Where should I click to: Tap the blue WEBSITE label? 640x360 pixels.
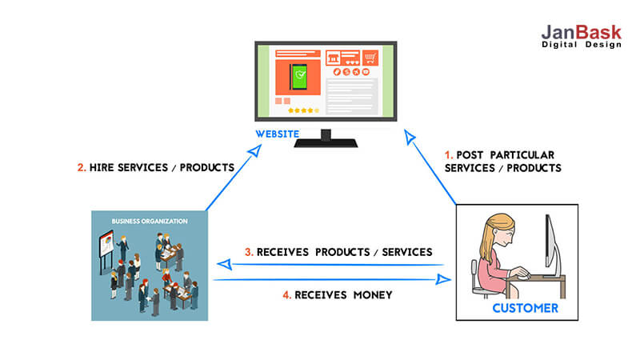(277, 134)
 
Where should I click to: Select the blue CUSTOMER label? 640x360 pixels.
(525, 308)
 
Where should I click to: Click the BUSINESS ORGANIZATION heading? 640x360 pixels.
(150, 222)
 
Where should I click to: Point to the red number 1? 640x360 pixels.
(448, 155)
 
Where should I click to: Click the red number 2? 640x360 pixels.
(82, 167)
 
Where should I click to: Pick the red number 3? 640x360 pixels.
(249, 252)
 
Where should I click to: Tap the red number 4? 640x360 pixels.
(286, 294)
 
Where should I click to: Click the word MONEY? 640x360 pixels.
(373, 294)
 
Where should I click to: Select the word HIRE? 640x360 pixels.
(102, 167)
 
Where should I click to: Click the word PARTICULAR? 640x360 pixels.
(522, 155)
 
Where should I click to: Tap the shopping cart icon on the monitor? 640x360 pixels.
(370, 58)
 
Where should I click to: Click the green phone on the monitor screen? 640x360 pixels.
(298, 76)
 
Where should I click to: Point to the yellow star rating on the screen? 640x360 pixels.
(303, 110)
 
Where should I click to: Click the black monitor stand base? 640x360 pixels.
(326, 143)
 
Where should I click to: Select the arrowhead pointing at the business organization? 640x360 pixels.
(225, 265)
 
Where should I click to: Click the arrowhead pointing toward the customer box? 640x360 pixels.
(443, 279)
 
